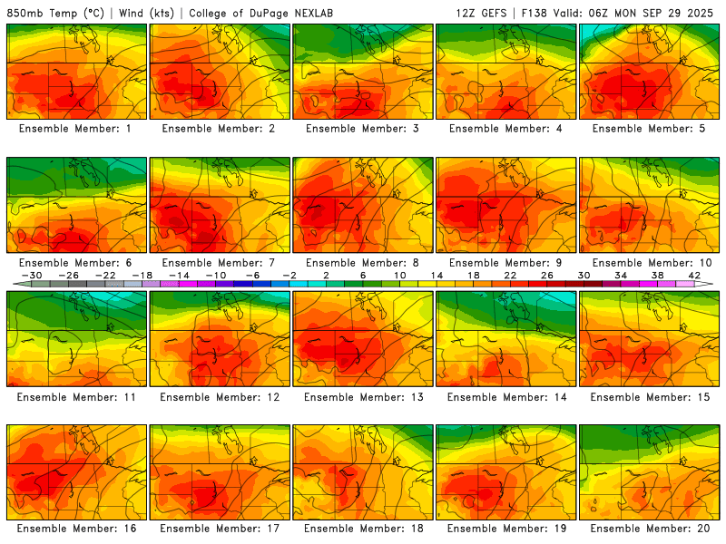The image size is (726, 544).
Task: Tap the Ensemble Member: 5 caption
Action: coord(650,129)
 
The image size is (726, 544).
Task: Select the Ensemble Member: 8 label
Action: coord(363,263)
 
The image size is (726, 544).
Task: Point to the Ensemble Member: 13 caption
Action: coord(363,396)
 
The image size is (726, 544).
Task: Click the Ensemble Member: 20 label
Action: coord(650,529)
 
